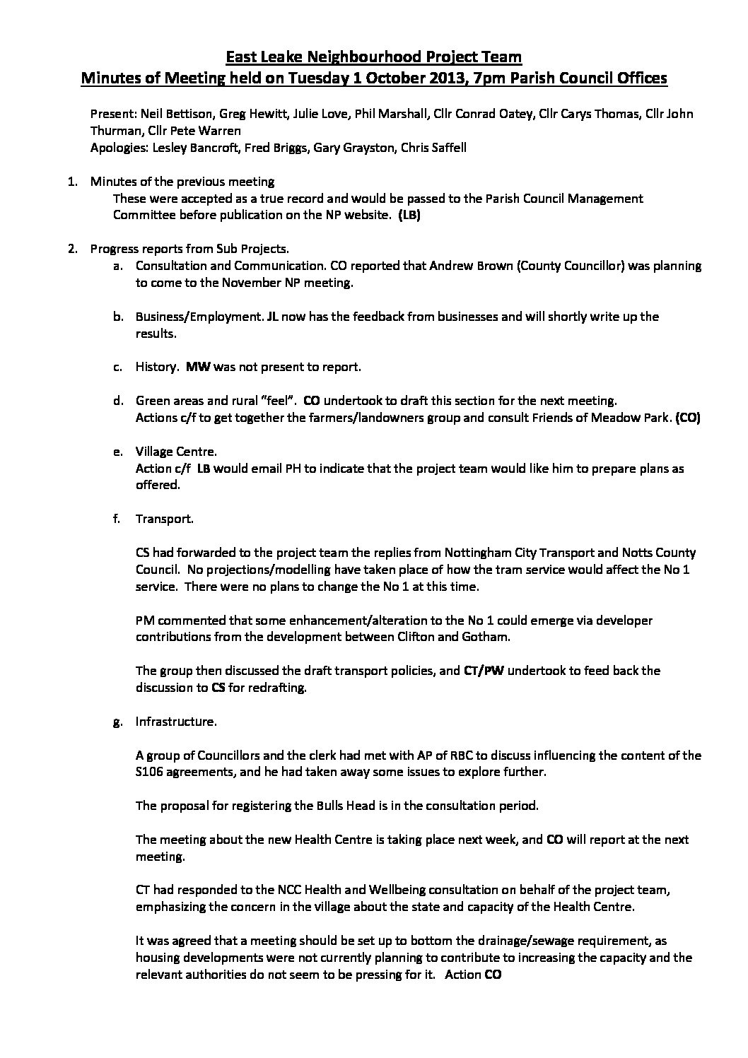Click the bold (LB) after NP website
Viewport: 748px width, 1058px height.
coord(409,216)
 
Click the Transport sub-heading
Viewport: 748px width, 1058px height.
coord(164,519)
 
